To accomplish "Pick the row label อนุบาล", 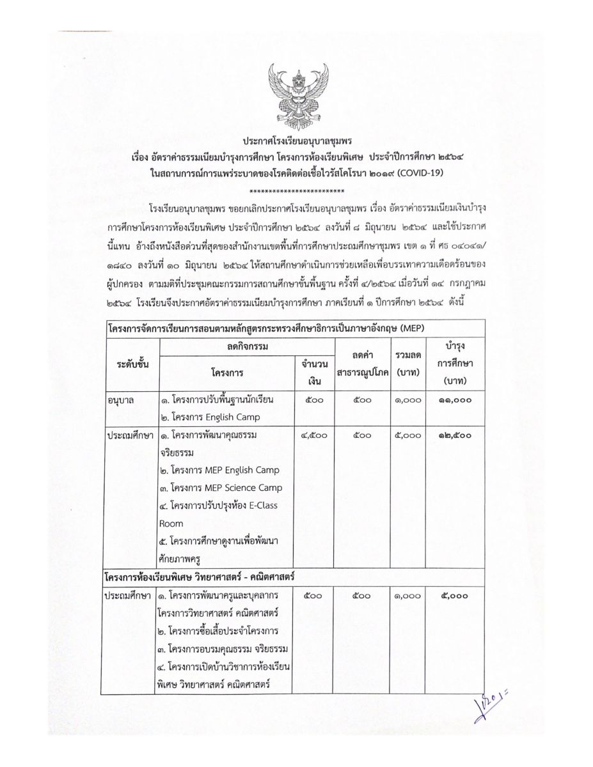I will pos(121,400).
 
